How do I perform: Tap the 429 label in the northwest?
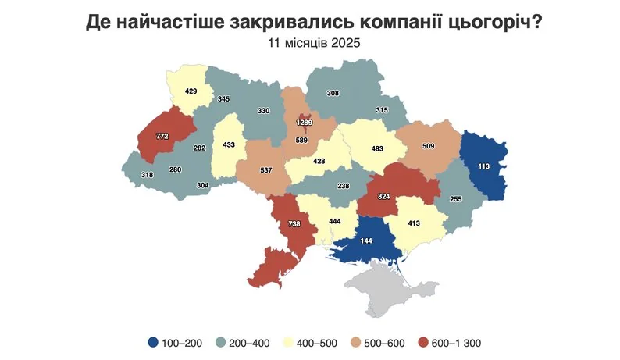(x=191, y=91)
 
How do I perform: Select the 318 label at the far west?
(x=146, y=176)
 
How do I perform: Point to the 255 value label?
(x=457, y=199)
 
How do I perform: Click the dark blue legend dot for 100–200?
(x=154, y=342)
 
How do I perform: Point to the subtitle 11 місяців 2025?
(x=310, y=44)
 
